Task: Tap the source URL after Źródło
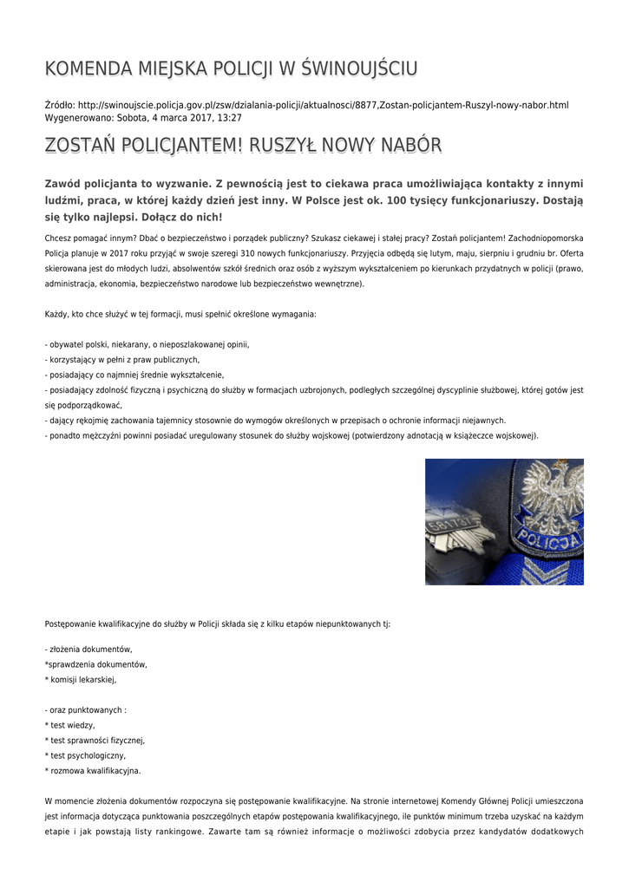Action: click(x=324, y=105)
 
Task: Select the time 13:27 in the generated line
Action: click(x=230, y=117)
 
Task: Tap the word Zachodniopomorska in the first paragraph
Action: click(x=545, y=237)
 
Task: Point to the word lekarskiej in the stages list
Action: click(x=95, y=680)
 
